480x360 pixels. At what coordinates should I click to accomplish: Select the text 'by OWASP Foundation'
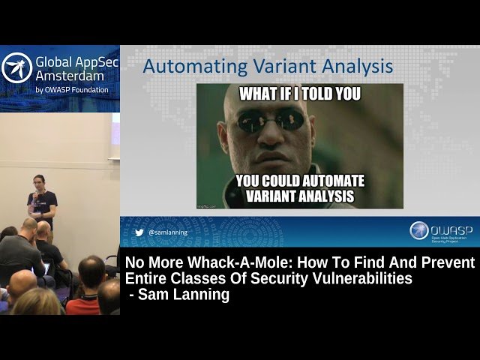pyautogui.click(x=72, y=90)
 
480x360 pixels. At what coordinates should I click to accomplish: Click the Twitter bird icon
pyautogui.click(x=139, y=232)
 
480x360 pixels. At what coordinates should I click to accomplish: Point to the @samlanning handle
pyautogui.click(x=168, y=232)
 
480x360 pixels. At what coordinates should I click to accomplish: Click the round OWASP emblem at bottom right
pyautogui.click(x=419, y=230)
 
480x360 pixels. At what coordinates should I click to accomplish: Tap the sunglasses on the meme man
pyautogui.click(x=274, y=120)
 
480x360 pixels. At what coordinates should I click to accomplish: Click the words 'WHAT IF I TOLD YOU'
pyautogui.click(x=299, y=94)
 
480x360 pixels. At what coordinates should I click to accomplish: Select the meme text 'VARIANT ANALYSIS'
pyautogui.click(x=300, y=197)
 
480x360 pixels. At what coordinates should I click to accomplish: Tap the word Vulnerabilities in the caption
pyautogui.click(x=360, y=279)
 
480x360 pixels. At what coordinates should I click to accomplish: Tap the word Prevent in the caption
pyautogui.click(x=448, y=263)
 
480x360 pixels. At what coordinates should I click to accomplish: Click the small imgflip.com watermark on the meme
pyautogui.click(x=205, y=205)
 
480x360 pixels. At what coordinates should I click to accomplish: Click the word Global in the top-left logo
pyautogui.click(x=54, y=61)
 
